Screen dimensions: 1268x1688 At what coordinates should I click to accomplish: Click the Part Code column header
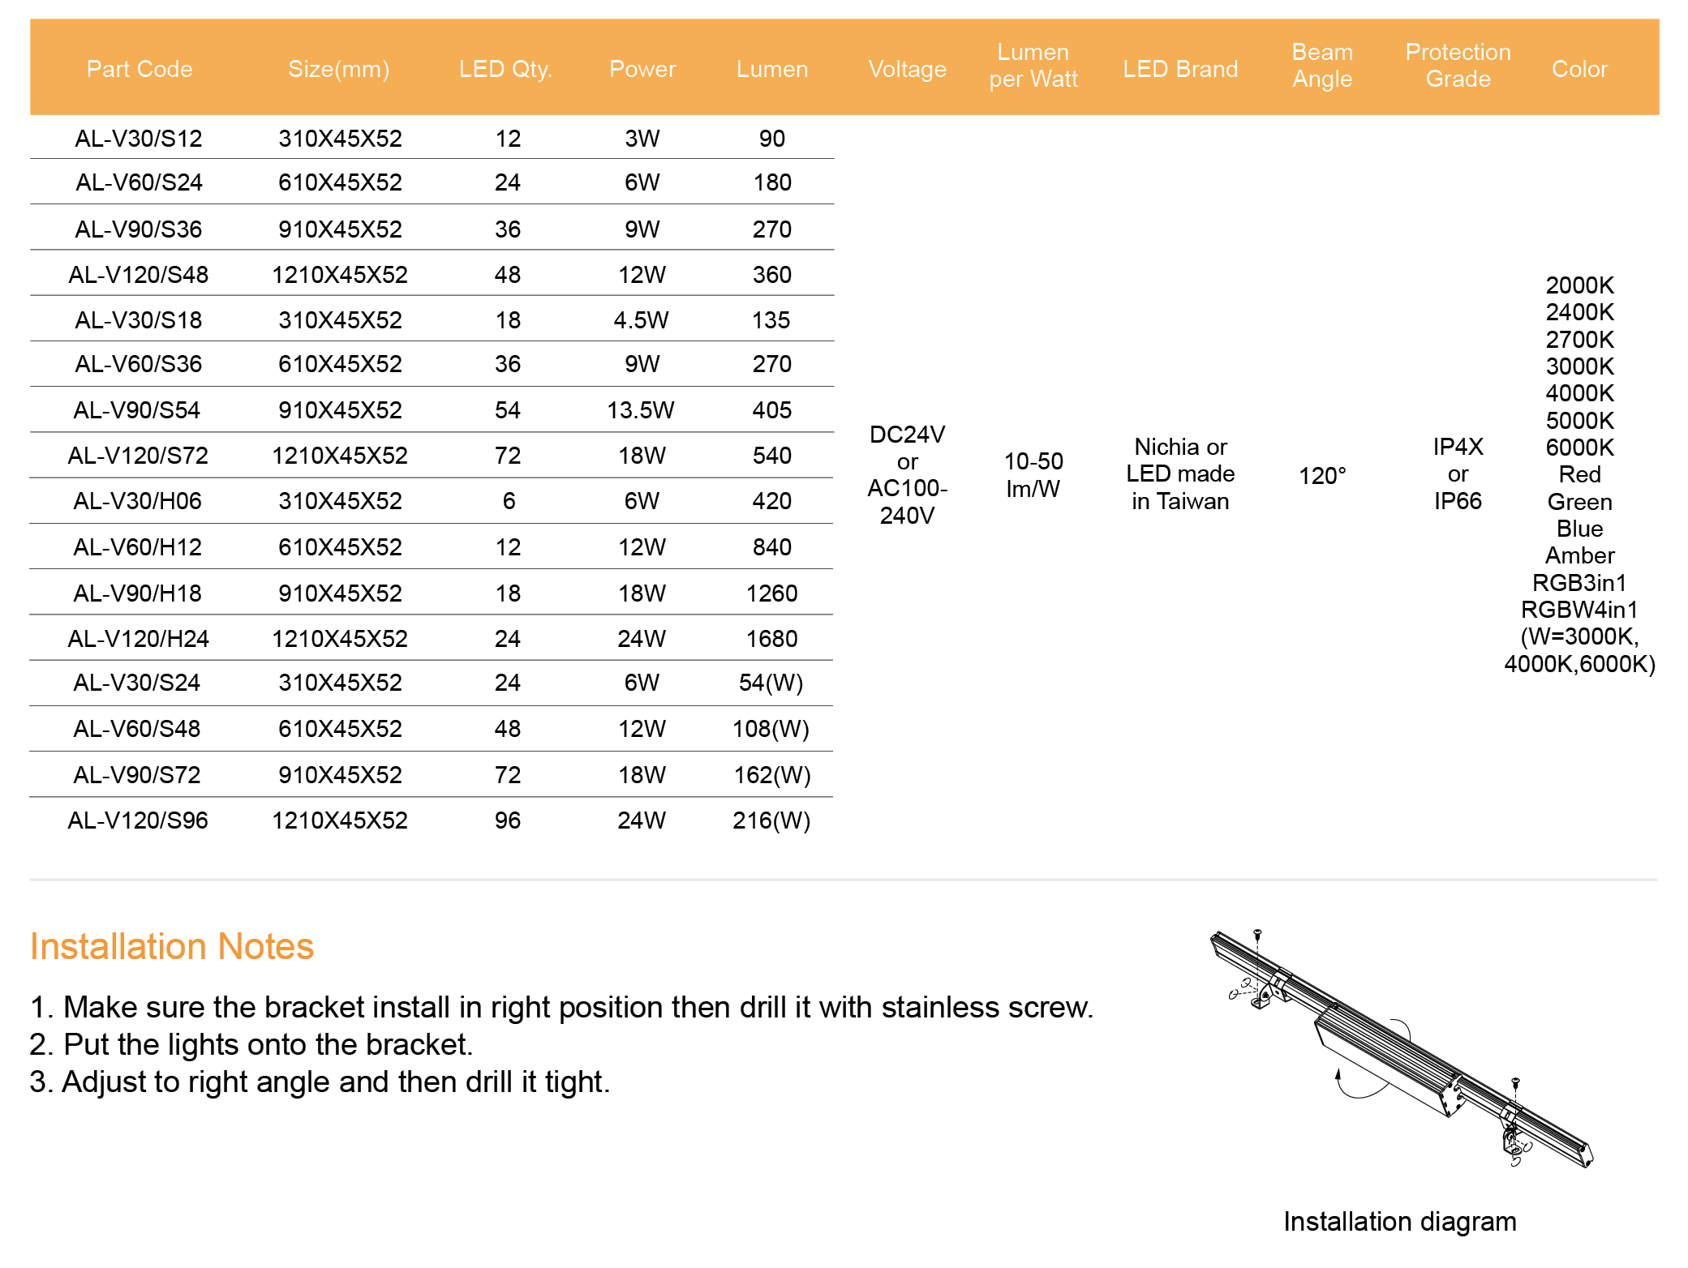coord(140,69)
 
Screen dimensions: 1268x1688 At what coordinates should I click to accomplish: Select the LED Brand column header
coord(1180,69)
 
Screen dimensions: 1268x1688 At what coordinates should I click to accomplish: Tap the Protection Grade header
coord(1458,66)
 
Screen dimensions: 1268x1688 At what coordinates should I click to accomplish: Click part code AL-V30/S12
coord(139,139)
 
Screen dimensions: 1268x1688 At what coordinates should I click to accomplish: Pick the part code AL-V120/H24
coord(139,639)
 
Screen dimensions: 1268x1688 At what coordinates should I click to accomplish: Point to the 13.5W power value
coord(641,410)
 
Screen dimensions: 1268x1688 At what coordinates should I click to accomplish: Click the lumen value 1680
coord(771,639)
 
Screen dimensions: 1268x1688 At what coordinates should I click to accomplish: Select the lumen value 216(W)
coord(771,820)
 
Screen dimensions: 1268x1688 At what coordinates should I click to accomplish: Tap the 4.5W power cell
coord(641,320)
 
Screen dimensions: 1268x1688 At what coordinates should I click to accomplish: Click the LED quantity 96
coord(508,820)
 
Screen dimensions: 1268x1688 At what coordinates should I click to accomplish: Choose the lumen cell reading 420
coord(771,501)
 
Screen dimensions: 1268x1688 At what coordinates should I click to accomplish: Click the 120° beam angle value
coord(1322,475)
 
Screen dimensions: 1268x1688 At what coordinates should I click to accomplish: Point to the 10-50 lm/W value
coord(1033,475)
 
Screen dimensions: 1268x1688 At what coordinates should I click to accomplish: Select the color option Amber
coord(1579,555)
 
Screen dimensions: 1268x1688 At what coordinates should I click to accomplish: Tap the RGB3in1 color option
coord(1579,583)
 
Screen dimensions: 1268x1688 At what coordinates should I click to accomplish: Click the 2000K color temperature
coord(1579,285)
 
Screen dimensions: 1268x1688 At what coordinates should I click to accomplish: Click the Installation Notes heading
coord(172,946)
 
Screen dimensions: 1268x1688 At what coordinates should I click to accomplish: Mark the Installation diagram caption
coord(1399,1221)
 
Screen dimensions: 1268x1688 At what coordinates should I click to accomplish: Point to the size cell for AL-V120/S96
coord(340,820)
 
